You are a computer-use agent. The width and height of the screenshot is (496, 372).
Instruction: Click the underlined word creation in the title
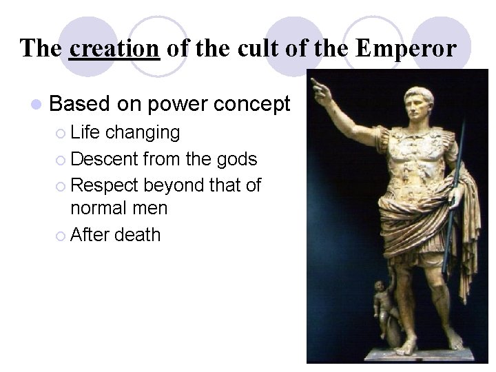pos(114,48)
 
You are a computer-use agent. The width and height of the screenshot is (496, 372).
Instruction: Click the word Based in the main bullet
pos(80,104)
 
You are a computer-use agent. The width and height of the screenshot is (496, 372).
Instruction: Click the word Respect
pos(105,185)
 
